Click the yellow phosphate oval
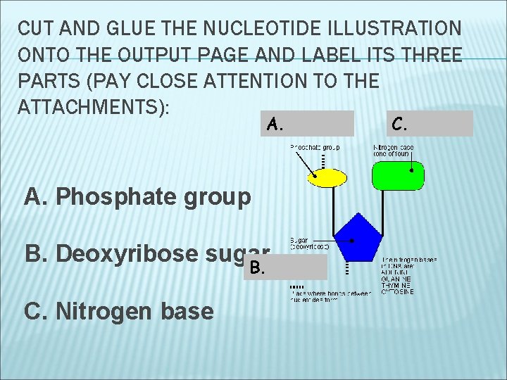pos(327,177)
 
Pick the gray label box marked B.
pos(286,267)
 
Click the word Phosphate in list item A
pos(118,196)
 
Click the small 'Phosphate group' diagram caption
pos(315,147)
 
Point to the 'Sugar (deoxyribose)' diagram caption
pos(308,243)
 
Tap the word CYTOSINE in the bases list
pos(398,292)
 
